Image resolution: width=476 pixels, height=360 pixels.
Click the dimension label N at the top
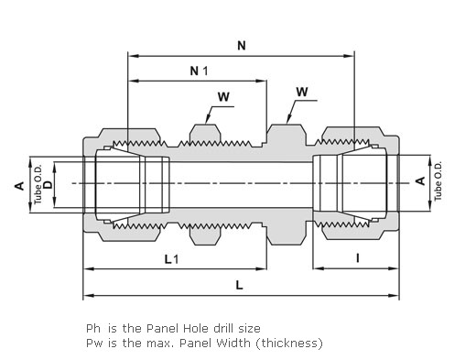click(x=242, y=46)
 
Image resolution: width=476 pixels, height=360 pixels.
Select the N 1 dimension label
click(x=199, y=71)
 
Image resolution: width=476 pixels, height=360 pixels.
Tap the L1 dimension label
click(x=171, y=259)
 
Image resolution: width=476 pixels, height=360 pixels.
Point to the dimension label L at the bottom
click(x=239, y=285)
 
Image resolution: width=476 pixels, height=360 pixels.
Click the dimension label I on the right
click(x=358, y=258)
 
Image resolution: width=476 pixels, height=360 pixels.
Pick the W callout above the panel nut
click(x=223, y=97)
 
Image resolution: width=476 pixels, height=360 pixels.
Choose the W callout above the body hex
click(x=302, y=92)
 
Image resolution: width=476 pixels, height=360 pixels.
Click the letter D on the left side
click(x=48, y=185)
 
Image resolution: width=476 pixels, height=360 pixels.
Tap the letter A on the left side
click(x=19, y=185)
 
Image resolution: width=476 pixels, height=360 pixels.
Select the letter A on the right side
click(x=420, y=180)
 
